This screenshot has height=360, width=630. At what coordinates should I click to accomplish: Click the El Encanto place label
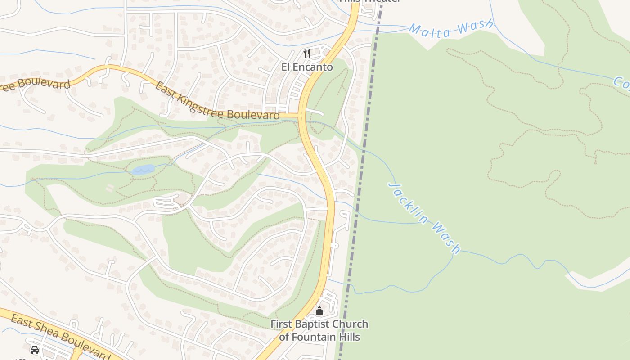click(x=307, y=67)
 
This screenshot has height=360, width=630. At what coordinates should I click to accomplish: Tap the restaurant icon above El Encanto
click(x=307, y=54)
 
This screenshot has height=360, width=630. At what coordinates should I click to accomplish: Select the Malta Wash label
click(x=451, y=27)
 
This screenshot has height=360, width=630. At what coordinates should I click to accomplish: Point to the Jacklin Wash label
click(x=424, y=218)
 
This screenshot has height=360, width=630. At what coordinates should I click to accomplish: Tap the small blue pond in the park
click(x=144, y=170)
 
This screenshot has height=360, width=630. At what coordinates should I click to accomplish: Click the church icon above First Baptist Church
click(x=319, y=310)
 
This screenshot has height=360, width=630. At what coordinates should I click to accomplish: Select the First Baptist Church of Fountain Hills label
click(x=319, y=330)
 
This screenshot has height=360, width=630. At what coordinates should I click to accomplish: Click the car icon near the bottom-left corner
click(x=35, y=350)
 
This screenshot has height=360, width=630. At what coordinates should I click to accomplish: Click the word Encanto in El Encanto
click(x=314, y=67)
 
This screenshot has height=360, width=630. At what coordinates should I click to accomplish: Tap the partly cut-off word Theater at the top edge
click(x=382, y=1)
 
